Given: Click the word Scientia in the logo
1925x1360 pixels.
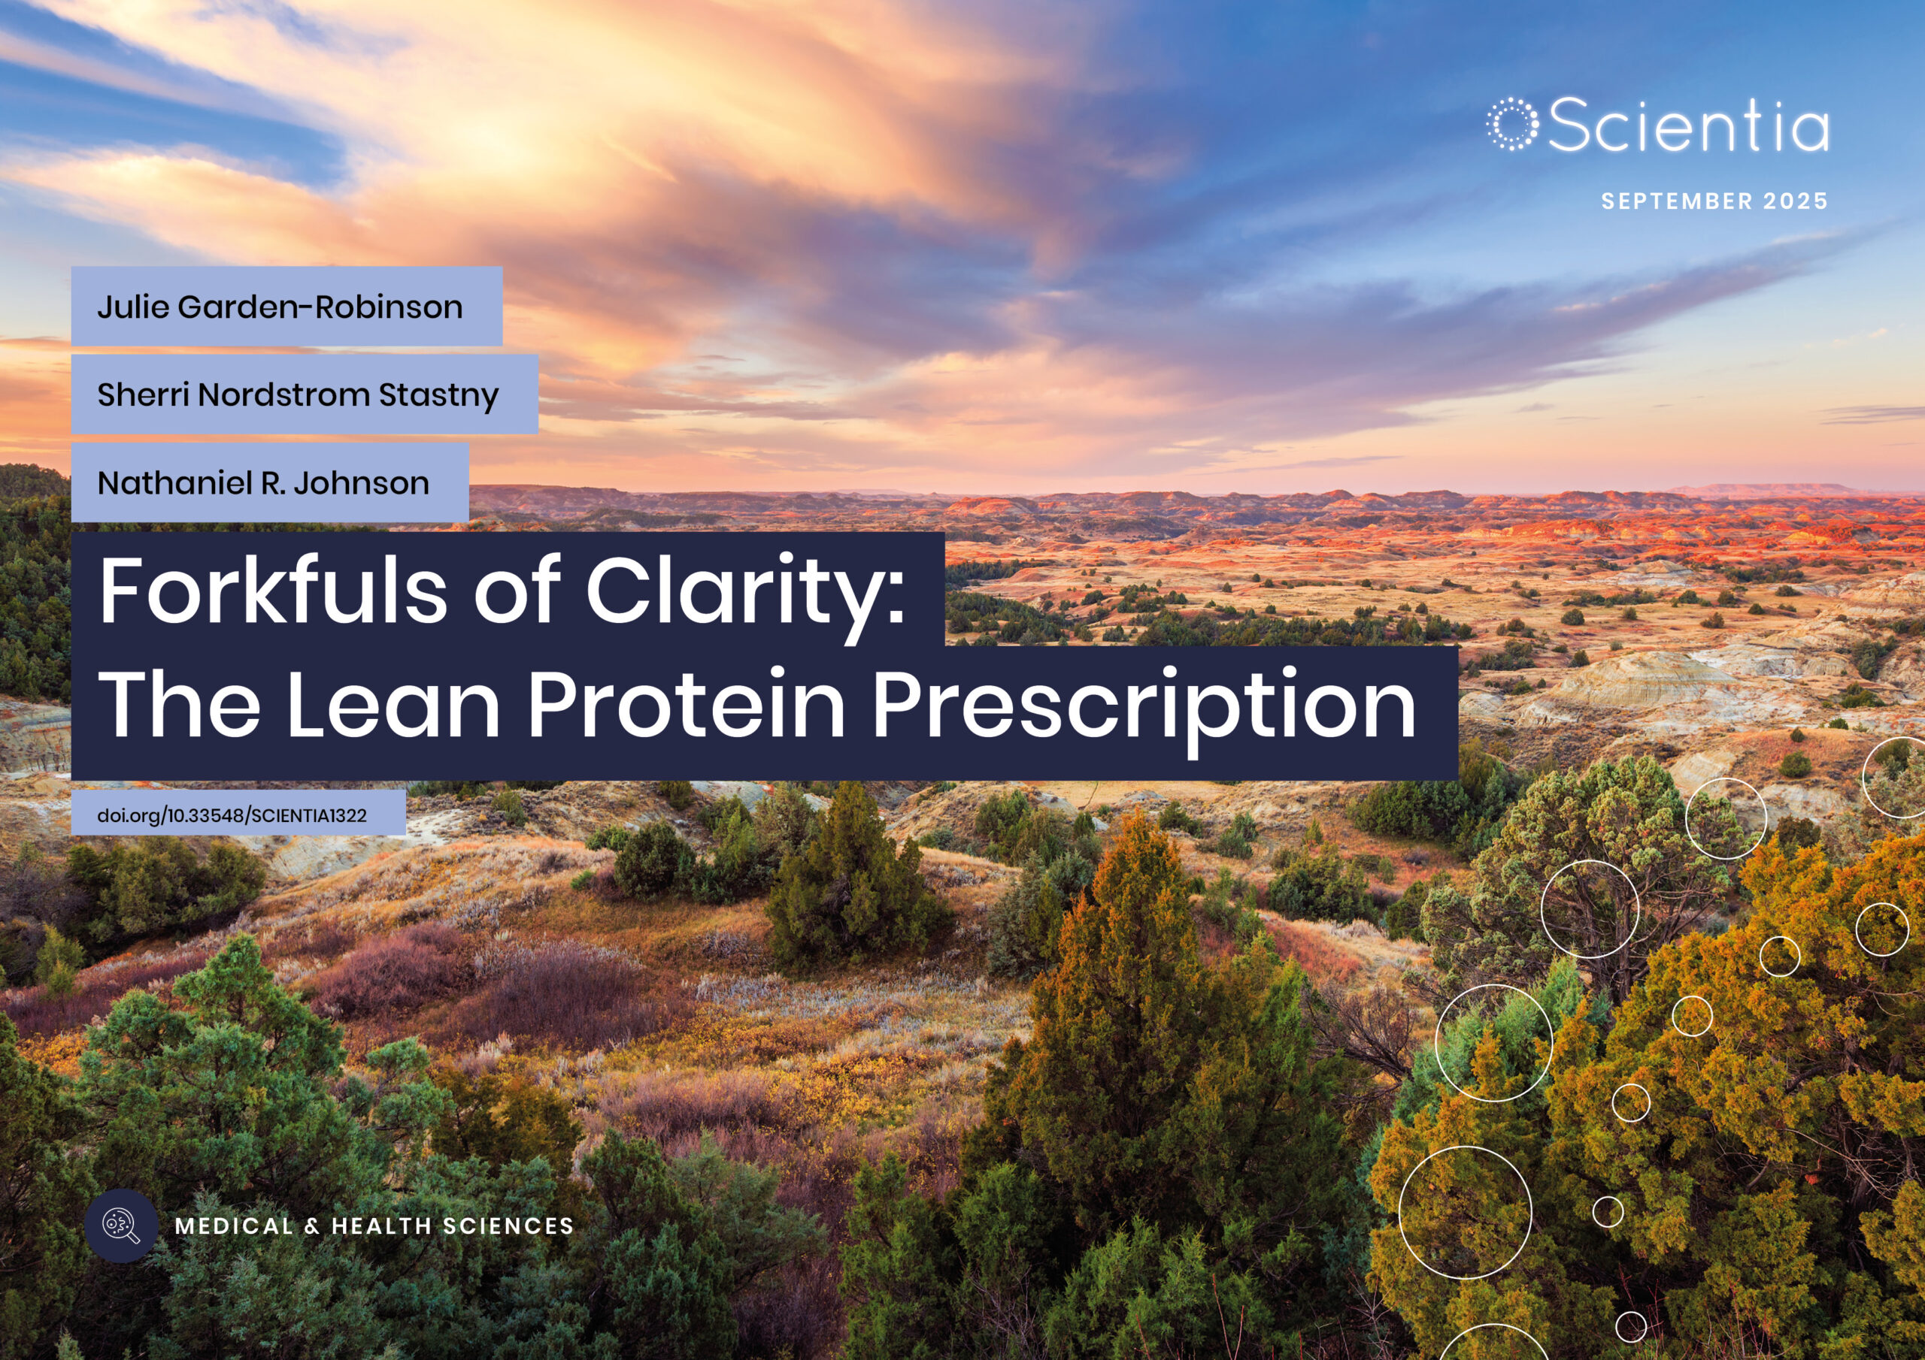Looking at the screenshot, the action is tap(1687, 125).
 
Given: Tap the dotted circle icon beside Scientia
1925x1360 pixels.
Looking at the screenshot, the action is tap(1512, 125).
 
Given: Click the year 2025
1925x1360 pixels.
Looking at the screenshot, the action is tap(1795, 201).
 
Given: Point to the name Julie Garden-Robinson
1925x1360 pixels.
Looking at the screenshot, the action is tap(280, 307).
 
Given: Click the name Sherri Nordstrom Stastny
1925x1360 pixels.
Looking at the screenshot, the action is tap(298, 394).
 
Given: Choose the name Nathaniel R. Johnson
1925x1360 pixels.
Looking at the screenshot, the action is tap(263, 482).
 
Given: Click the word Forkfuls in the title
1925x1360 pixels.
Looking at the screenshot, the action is tap(273, 590).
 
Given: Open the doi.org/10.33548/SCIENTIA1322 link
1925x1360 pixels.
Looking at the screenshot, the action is tap(232, 815).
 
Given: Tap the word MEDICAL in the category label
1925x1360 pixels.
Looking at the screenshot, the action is tap(234, 1226).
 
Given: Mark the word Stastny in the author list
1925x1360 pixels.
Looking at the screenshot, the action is tap(438, 394).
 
